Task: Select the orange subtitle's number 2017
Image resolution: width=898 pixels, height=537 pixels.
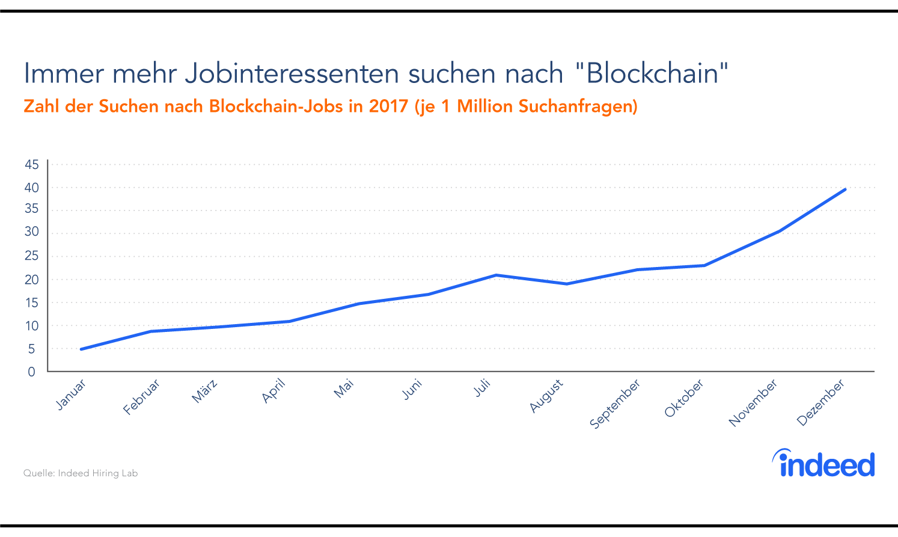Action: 388,106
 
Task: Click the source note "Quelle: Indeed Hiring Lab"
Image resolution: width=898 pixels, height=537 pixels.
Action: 81,473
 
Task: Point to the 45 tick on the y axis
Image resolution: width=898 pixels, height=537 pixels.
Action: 32,164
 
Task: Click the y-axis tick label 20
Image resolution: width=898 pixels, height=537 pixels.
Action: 32,280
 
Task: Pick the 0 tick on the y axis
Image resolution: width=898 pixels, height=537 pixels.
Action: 32,372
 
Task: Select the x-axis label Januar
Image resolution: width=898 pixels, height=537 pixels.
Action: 71,395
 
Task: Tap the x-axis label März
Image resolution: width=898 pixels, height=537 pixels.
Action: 204,391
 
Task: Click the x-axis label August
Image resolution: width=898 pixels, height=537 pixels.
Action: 546,396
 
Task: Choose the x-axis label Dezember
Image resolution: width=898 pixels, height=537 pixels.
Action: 820,402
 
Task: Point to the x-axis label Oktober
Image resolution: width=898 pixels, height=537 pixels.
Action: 684,399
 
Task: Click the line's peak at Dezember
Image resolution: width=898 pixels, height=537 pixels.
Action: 845,189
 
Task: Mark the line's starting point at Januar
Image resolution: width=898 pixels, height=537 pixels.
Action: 81,349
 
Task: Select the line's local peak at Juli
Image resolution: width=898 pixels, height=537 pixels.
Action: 496,275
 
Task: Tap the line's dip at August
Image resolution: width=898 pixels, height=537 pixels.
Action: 566,284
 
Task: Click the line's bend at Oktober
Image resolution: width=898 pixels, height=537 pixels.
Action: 704,265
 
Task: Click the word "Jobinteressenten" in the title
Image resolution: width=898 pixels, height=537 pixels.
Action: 292,74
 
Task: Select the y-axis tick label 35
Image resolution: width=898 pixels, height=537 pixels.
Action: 32,209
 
